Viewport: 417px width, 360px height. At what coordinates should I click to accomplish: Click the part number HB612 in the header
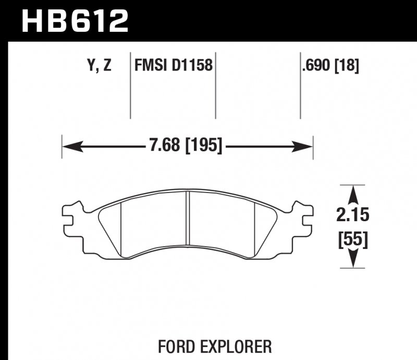[73, 21]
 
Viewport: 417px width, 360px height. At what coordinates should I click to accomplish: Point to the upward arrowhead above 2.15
[353, 193]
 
